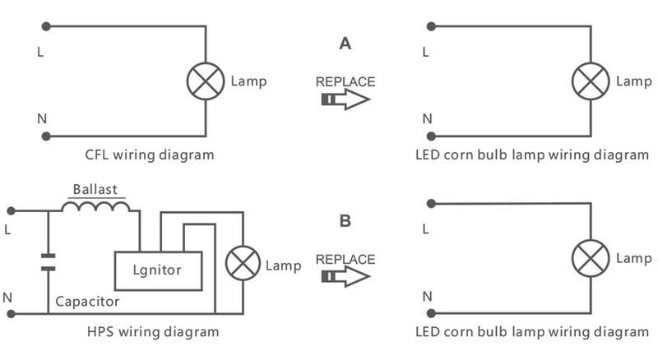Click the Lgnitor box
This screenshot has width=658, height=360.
(x=157, y=270)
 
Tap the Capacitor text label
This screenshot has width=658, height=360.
(x=87, y=302)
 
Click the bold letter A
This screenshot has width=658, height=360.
(x=345, y=44)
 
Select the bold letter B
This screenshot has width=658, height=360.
(x=345, y=221)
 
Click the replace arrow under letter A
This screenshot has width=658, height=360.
(x=345, y=100)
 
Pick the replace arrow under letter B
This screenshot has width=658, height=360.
(x=345, y=277)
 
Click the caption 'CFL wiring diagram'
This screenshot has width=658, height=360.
(x=150, y=155)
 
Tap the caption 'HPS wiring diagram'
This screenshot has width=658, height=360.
(x=153, y=332)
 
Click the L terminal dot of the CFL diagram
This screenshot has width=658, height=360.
(x=47, y=27)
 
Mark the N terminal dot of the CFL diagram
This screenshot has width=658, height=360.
(x=47, y=136)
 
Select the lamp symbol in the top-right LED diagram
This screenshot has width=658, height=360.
(x=590, y=81)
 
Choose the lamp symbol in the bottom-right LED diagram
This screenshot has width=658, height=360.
(x=590, y=259)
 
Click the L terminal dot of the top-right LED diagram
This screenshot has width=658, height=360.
(x=430, y=27)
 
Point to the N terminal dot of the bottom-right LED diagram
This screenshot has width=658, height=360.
(x=430, y=313)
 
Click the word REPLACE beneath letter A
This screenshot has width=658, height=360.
(x=345, y=82)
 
